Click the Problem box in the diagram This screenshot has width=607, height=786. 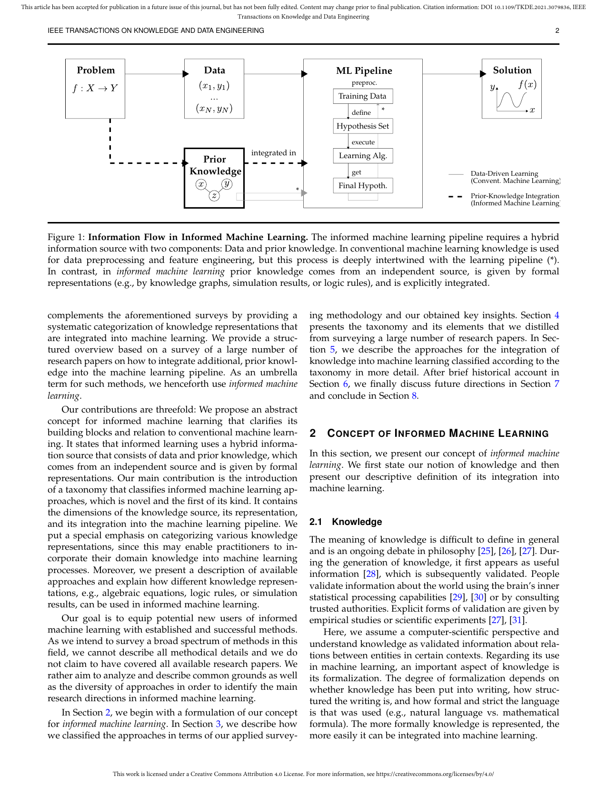point(95,89)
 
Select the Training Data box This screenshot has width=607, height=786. point(363,96)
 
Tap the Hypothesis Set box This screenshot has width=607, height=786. point(363,126)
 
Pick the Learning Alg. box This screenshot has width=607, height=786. point(363,156)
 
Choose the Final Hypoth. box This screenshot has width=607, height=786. point(363,186)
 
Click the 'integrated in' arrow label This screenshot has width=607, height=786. point(273,153)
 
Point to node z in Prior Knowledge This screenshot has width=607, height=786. point(214,196)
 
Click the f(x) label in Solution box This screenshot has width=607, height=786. point(527,85)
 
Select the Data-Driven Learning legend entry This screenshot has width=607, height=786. point(504,177)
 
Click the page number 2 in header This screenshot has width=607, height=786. point(557,30)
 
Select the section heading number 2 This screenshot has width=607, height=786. point(313,433)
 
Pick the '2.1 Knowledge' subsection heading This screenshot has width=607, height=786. point(346,522)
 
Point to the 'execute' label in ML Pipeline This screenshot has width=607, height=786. point(363,142)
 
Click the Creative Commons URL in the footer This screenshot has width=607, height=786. point(435,774)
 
